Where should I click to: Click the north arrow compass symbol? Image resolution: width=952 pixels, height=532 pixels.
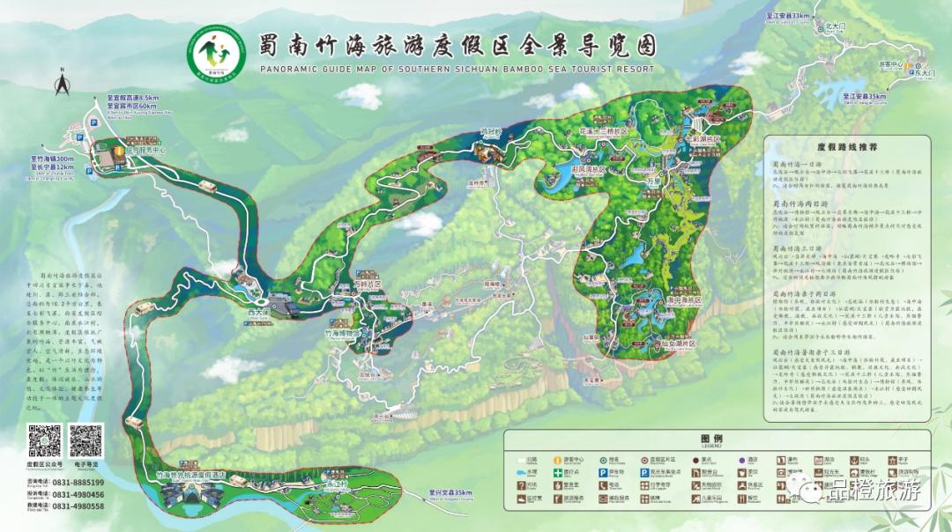63,84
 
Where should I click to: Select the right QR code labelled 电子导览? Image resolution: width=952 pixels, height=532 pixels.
86,440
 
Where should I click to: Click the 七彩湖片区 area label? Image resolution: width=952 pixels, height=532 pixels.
704,140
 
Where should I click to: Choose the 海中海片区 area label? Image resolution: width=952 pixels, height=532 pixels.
676,299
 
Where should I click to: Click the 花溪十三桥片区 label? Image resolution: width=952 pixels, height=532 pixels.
602,131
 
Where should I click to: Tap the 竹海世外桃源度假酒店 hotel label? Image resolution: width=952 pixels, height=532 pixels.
190,475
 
